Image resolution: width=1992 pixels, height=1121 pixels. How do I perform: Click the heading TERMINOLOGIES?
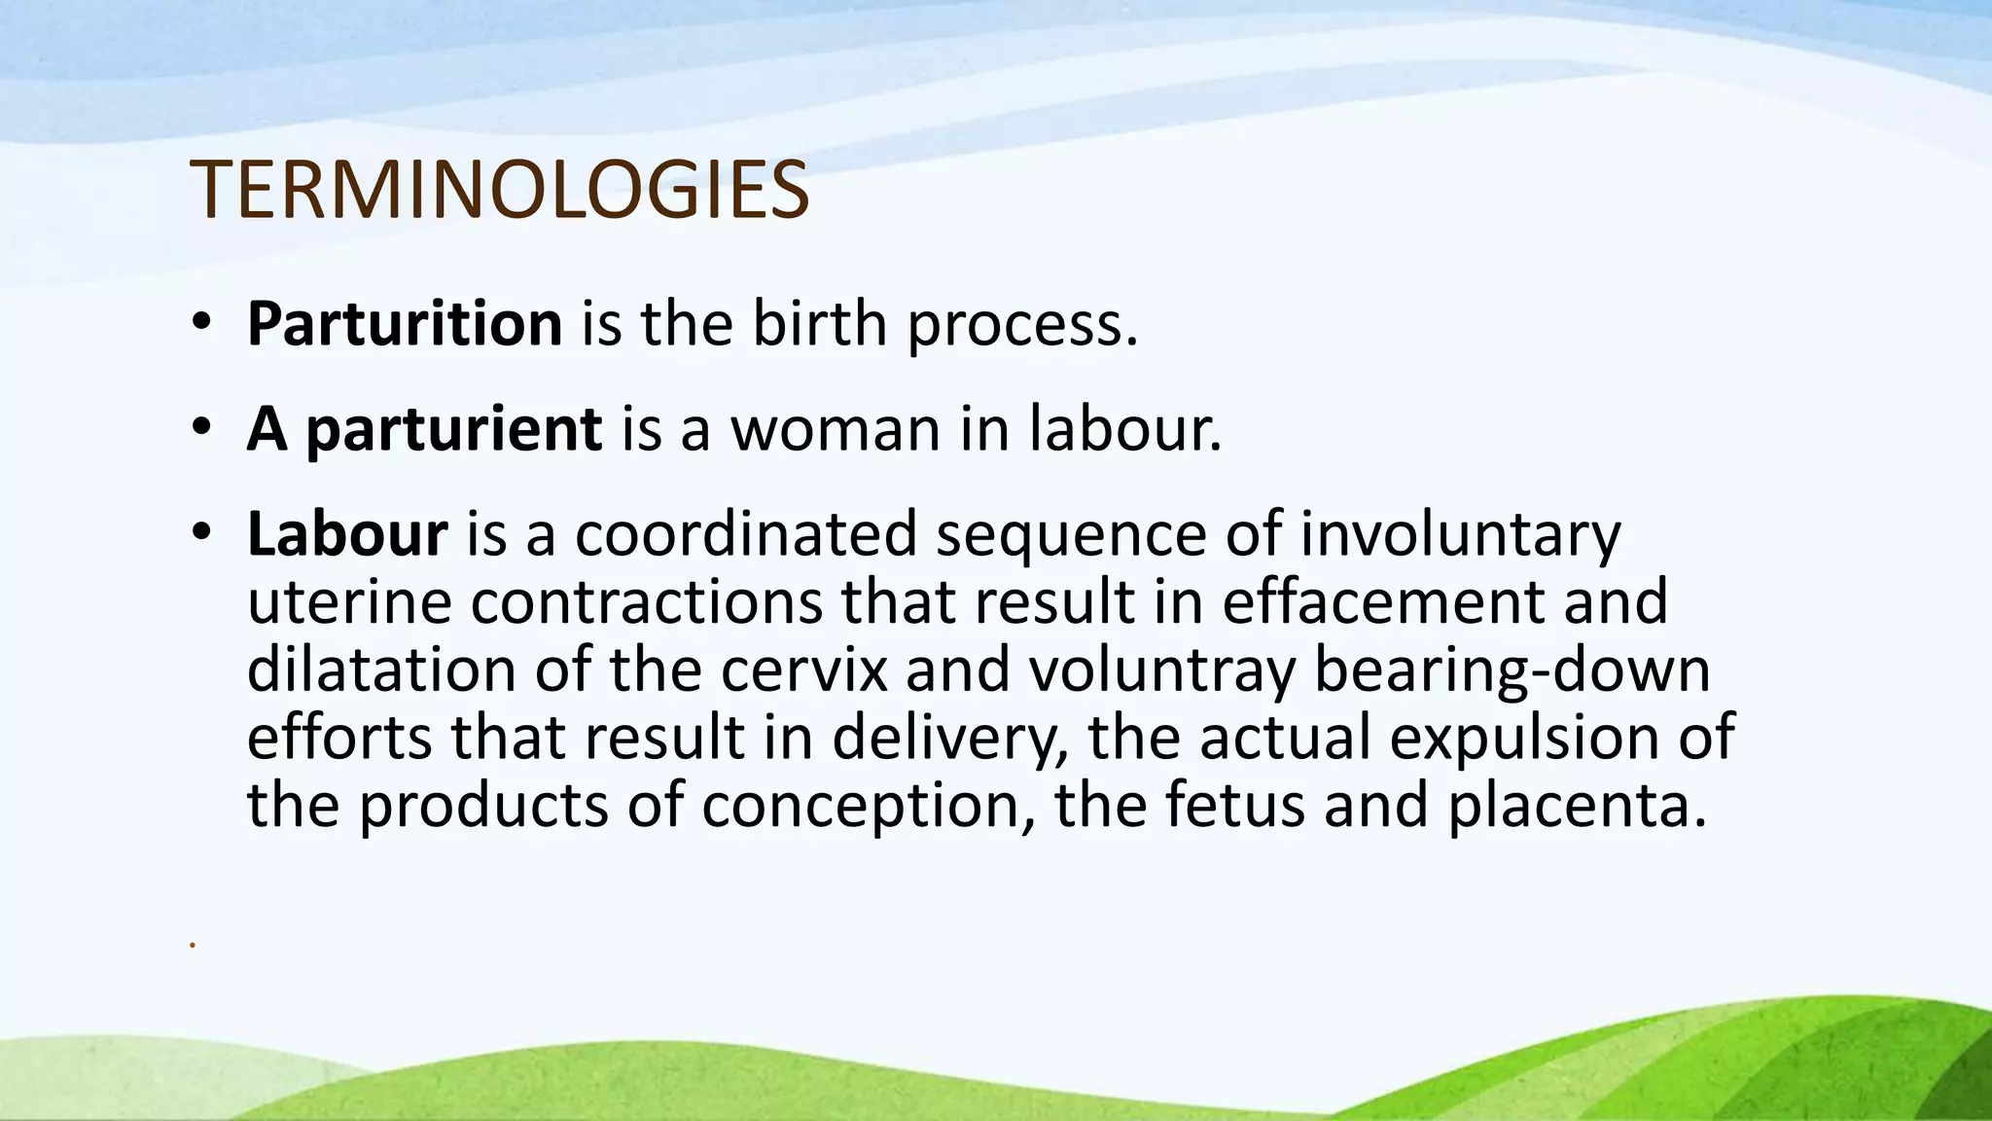pyautogui.click(x=499, y=190)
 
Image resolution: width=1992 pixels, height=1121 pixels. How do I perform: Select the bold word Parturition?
pyautogui.click(x=405, y=324)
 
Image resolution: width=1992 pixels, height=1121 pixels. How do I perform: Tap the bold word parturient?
pyautogui.click(x=454, y=430)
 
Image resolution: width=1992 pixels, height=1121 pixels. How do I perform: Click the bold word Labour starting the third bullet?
pyautogui.click(x=347, y=534)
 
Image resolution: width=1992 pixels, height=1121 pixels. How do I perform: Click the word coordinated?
pyautogui.click(x=746, y=534)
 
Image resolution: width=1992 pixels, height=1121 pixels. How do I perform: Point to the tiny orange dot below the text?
pyautogui.click(x=193, y=945)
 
